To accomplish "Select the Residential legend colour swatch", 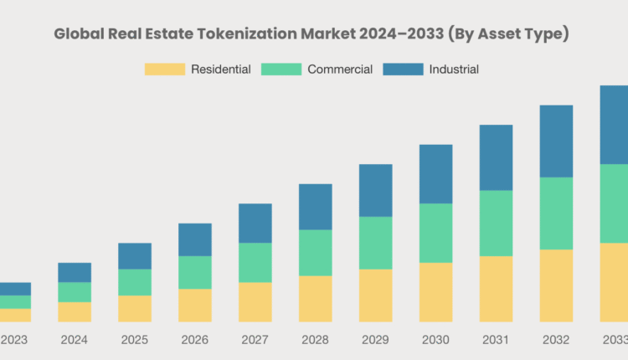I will pos(165,69).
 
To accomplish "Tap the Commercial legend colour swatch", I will pos(282,69).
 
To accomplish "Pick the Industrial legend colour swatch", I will pos(403,69).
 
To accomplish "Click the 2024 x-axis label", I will pos(75,340).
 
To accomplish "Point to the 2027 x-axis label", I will pos(255,340).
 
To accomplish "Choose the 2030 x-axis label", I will pos(435,340).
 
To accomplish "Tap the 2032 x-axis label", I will pos(556,340).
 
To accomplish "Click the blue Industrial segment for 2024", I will pos(75,272).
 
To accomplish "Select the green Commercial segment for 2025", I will pos(135,282).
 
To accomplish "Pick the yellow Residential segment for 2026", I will pos(195,305).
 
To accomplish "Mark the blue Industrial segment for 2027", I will pos(255,223).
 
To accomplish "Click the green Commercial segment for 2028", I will pos(315,253).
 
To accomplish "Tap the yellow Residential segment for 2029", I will pos(375,295).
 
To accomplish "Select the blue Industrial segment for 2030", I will pos(435,173).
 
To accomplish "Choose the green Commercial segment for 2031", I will pos(496,223).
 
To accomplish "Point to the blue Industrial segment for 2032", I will pos(556,141).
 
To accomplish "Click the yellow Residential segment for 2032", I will pos(556,285).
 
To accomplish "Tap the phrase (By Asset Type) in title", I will pos(510,34).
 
